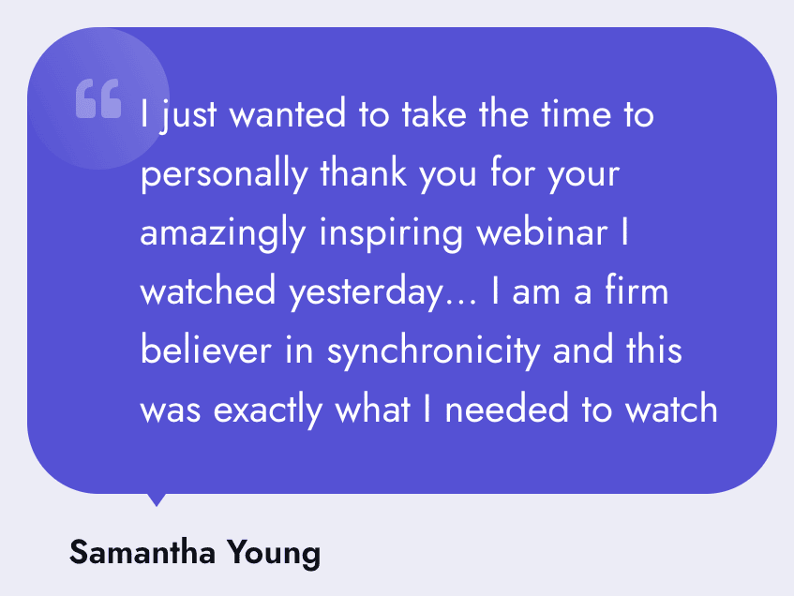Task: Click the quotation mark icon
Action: tap(98, 98)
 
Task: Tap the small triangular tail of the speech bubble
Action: tap(157, 499)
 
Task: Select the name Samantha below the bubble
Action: tap(142, 551)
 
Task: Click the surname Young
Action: tap(274, 554)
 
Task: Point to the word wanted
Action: tap(288, 113)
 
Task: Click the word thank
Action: tap(363, 172)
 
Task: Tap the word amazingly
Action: tap(223, 234)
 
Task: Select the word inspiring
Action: tap(391, 234)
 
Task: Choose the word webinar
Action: tap(542, 231)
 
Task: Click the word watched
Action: tap(207, 291)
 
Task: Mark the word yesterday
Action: tap(366, 293)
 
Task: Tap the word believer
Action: tap(206, 350)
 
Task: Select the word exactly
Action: tap(267, 410)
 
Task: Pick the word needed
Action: tap(506, 409)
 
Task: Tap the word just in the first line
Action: tap(188, 116)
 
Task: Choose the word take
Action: tap(434, 113)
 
